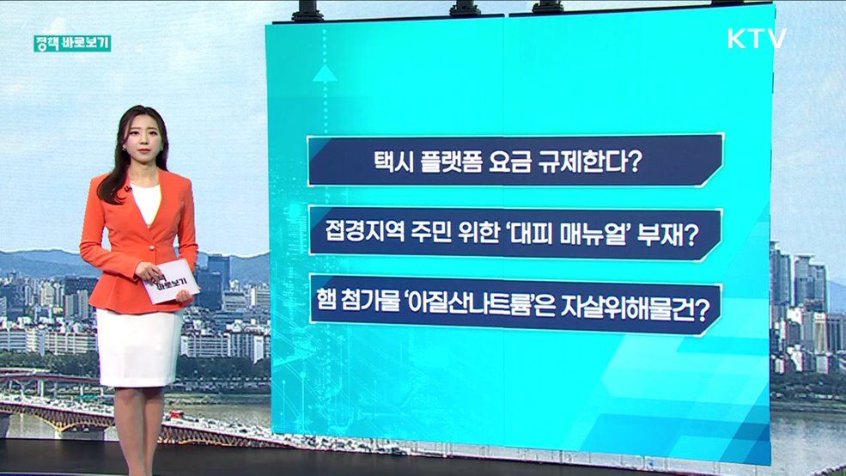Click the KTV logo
[x=757, y=40]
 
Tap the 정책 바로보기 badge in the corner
[x=72, y=43]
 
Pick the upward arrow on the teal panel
[x=325, y=72]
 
